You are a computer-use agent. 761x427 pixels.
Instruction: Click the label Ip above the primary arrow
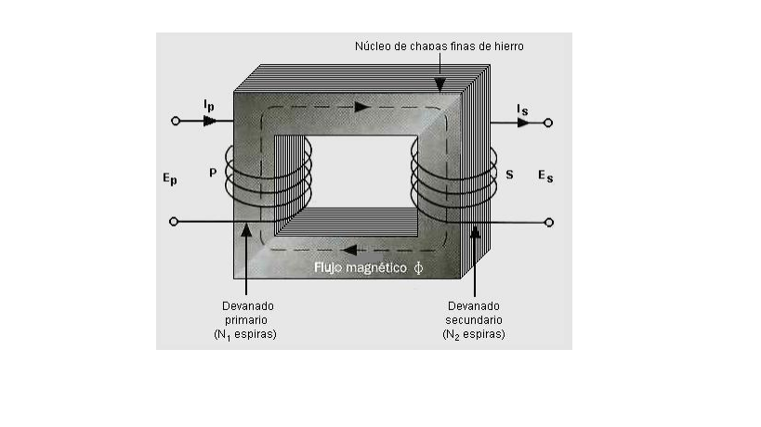click(x=208, y=107)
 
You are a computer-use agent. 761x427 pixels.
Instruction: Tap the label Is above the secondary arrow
click(x=523, y=110)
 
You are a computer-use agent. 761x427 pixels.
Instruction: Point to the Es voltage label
click(x=545, y=176)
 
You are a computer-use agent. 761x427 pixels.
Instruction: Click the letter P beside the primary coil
click(x=213, y=173)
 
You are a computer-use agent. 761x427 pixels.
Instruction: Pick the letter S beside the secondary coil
click(x=509, y=174)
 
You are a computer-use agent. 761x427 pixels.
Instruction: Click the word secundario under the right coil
click(x=474, y=319)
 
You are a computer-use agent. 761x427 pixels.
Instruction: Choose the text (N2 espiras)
click(x=474, y=334)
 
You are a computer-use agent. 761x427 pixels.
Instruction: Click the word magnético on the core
click(x=374, y=267)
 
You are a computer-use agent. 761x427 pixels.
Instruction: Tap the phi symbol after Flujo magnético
click(x=418, y=267)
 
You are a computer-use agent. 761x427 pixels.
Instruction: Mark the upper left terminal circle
click(x=175, y=121)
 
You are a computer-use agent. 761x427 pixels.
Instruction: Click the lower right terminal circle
click(x=549, y=222)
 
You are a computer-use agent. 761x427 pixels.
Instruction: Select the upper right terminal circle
click(x=549, y=122)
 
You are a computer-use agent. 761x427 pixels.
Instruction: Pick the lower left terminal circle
click(x=175, y=222)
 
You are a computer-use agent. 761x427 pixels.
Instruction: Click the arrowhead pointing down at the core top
click(x=440, y=85)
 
